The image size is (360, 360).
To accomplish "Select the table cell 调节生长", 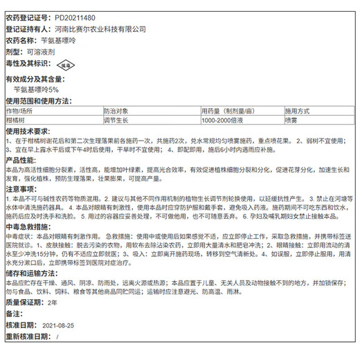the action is click(x=116, y=120).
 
